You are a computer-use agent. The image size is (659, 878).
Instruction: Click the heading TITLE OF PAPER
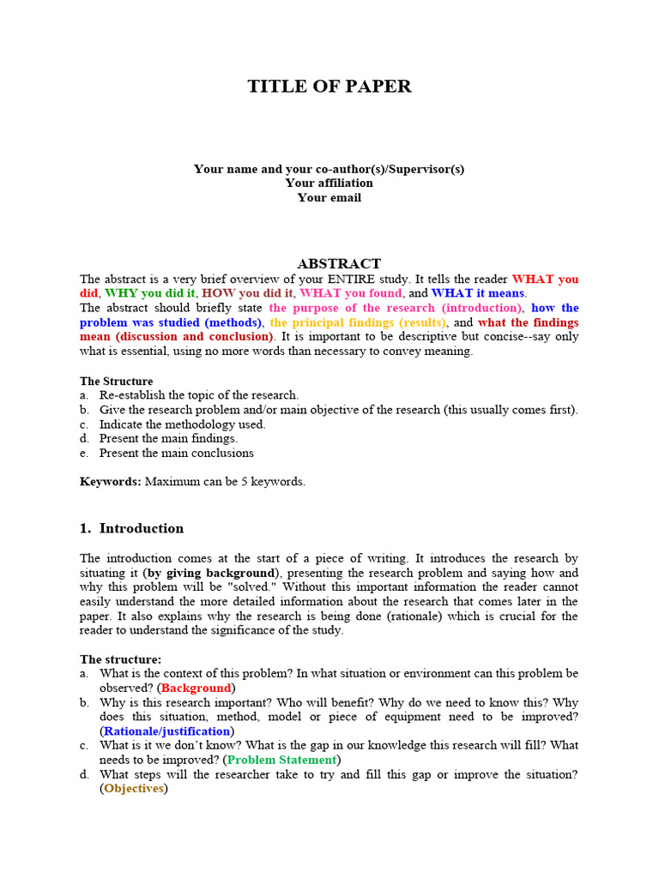[x=329, y=87]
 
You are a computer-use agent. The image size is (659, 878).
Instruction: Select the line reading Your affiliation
[x=329, y=183]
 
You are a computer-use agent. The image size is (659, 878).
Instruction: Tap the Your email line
[x=329, y=197]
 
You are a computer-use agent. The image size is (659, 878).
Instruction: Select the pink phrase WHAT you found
[x=351, y=293]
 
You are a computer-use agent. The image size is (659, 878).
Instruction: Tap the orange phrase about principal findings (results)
[x=358, y=322]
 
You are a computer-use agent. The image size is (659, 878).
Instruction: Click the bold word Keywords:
[x=111, y=482]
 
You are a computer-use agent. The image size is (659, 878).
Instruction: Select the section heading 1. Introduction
[x=131, y=528]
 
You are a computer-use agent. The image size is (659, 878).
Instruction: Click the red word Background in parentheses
[x=196, y=688]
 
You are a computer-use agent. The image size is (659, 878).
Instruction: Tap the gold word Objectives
[x=133, y=789]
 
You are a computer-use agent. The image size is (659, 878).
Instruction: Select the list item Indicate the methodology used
[x=182, y=424]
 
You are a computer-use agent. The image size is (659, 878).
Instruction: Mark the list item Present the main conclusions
[x=176, y=453]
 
